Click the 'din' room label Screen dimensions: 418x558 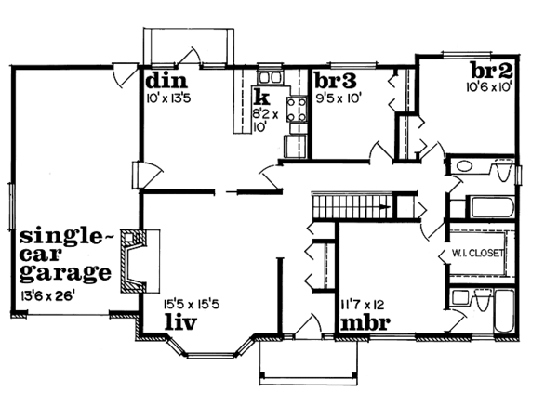pos(161,79)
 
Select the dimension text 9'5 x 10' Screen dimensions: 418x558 pos(339,95)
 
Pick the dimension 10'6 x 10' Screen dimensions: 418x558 pos(491,88)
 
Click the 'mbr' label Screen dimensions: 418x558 pos(365,324)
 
